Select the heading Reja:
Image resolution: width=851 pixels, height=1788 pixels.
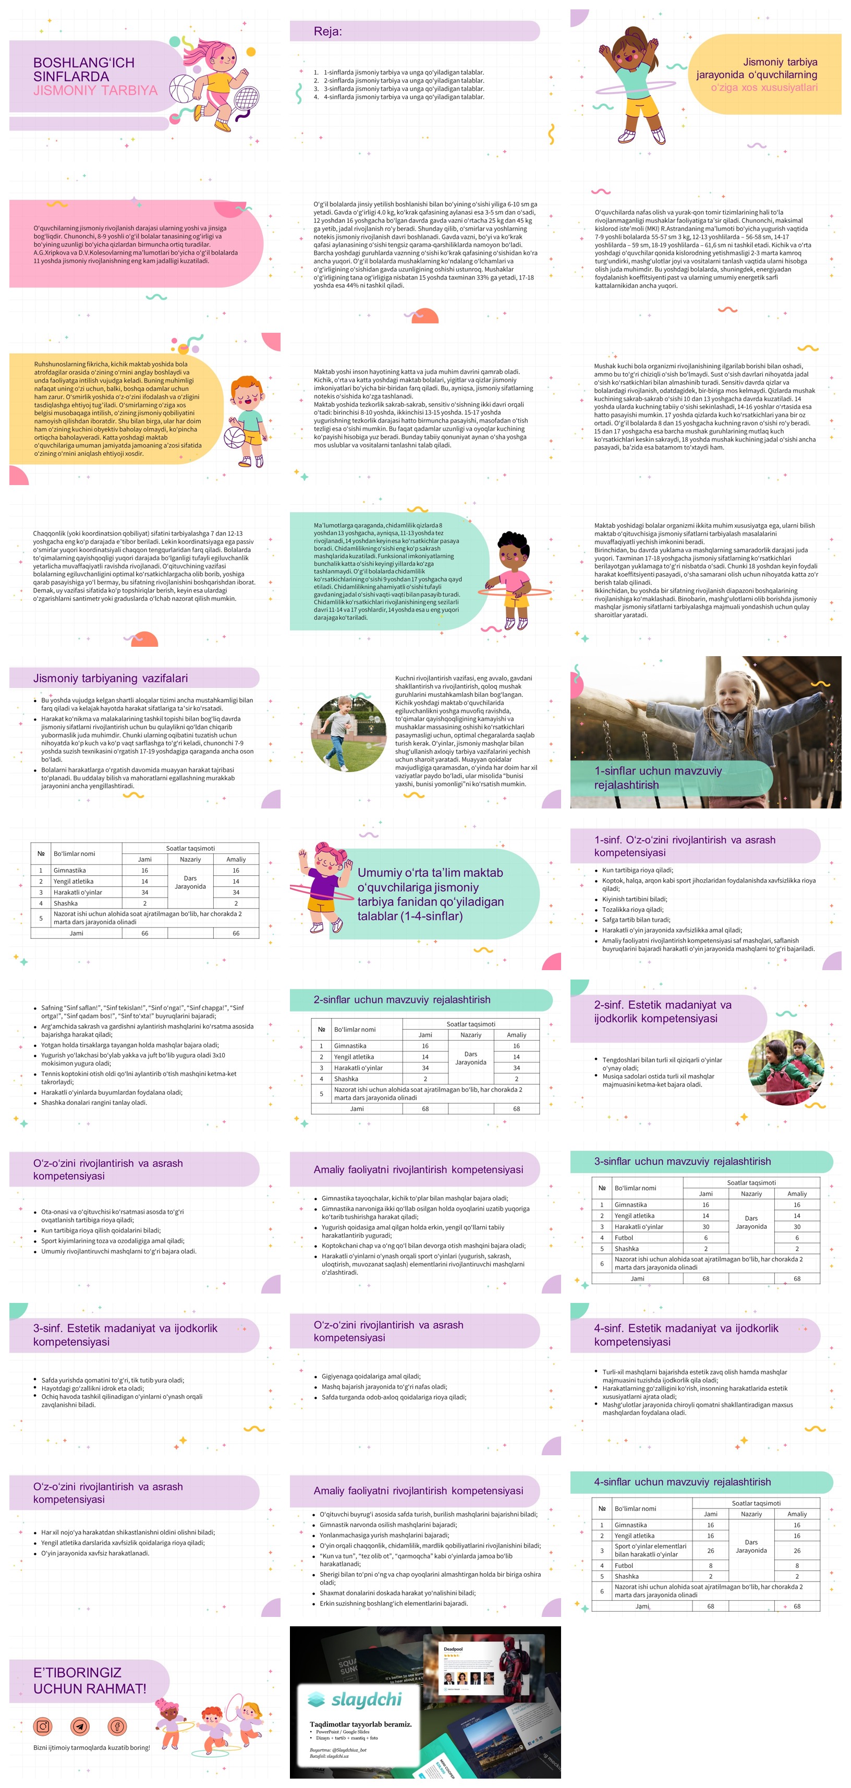(x=327, y=31)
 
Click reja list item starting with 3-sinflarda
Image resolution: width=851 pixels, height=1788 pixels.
(x=403, y=89)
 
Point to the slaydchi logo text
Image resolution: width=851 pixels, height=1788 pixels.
(x=366, y=1698)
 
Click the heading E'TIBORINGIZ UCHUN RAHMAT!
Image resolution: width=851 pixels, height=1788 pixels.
(x=90, y=1681)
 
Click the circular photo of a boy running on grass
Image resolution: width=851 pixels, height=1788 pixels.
(x=348, y=733)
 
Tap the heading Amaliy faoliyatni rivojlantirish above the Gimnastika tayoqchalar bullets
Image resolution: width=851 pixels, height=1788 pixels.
(x=418, y=1169)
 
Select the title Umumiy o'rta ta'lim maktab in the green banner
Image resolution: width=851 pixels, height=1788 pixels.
(x=430, y=873)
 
